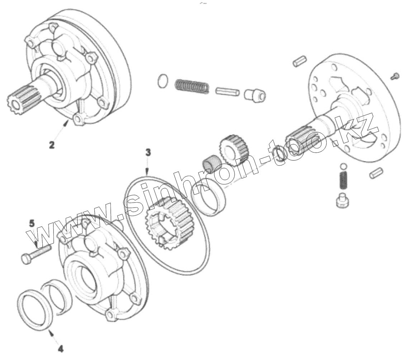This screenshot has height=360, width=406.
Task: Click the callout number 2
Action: tap(52, 145)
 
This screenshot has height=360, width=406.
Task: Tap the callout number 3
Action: tap(148, 152)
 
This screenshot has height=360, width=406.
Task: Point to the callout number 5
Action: tap(32, 224)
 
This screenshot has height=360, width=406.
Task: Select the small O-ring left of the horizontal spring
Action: tap(162, 80)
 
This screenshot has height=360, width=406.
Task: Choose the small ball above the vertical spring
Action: tap(343, 166)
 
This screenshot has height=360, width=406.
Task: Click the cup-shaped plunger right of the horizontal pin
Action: tap(255, 94)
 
